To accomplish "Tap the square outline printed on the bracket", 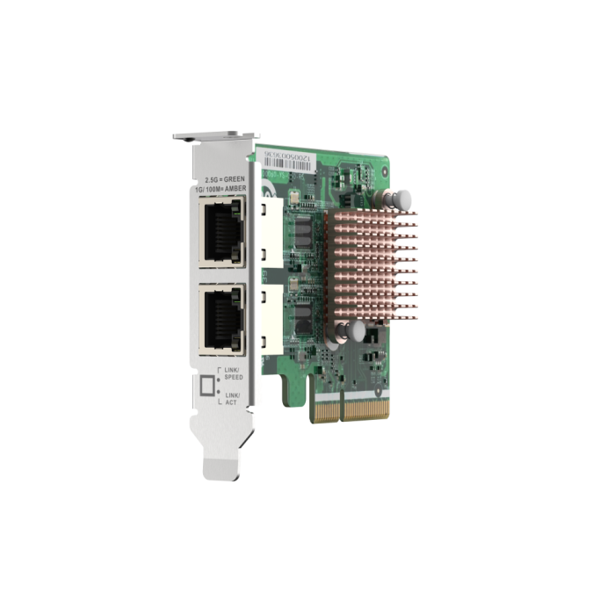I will [208, 386].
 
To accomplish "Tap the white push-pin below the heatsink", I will [358, 330].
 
